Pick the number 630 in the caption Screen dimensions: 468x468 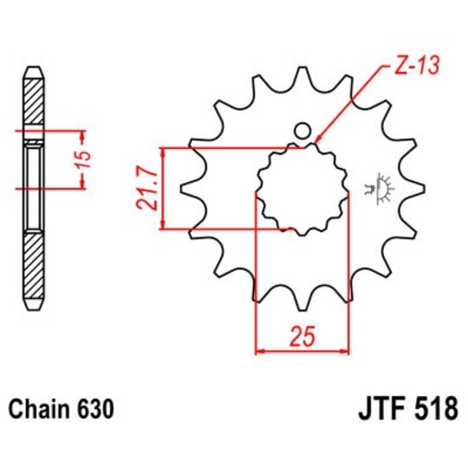[93, 407]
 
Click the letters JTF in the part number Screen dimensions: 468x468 [380, 408]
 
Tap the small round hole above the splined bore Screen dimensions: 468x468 [302, 131]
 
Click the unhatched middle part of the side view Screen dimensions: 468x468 [34, 186]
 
